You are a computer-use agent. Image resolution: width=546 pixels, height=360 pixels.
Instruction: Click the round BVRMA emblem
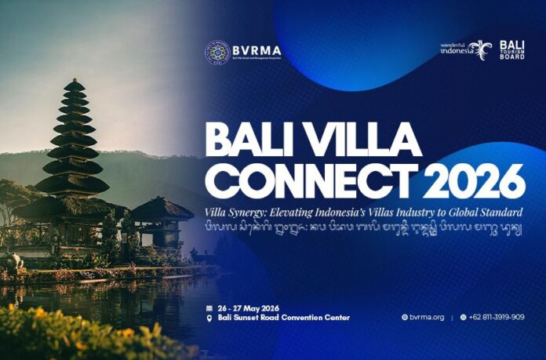click(x=217, y=52)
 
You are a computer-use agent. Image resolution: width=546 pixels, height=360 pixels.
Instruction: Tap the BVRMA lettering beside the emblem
click(x=256, y=50)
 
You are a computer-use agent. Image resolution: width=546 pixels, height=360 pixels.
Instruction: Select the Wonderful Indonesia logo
click(x=466, y=49)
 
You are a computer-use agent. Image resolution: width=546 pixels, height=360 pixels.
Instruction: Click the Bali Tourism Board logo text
click(x=511, y=50)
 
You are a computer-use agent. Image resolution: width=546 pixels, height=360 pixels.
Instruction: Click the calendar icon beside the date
click(x=209, y=307)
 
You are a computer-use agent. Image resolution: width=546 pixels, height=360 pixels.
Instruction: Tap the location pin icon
click(x=209, y=318)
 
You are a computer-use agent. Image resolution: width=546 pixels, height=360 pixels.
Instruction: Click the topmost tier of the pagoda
click(x=75, y=84)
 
